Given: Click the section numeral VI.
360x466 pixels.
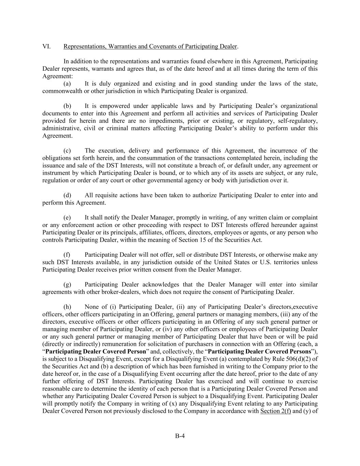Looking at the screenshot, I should pos(46,46).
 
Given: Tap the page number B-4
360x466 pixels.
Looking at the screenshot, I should pos(180,436).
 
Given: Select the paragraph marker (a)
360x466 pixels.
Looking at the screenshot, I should pos(67,84).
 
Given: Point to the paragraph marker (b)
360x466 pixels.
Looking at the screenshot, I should pos(67,106).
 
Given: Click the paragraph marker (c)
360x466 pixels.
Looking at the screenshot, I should pos(67,151).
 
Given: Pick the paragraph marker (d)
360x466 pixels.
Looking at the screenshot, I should pos(67,195).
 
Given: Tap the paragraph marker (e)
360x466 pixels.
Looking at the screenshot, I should pos(67,217).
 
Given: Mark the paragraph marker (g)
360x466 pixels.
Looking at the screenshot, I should pos(67,284).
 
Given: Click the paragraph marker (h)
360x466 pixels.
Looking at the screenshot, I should pos(67,307).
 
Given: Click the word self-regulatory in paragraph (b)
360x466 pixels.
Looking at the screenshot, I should pos(298,121).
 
